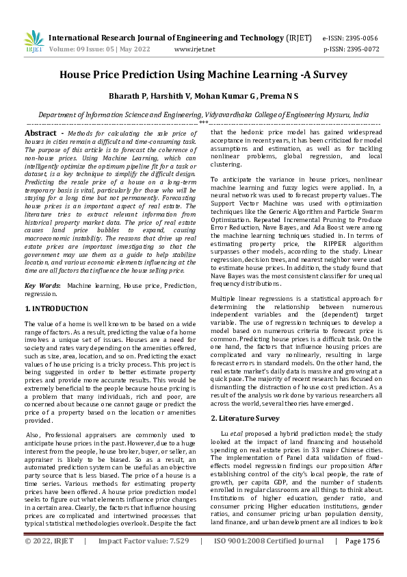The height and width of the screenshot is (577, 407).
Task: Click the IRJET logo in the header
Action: [x=34, y=40]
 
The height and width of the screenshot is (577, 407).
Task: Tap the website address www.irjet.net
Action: [x=195, y=49]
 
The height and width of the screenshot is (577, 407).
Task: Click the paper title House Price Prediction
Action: [x=203, y=75]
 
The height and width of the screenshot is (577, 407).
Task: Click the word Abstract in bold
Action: [x=40, y=132]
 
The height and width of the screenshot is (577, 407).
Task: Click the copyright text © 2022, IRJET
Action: [x=49, y=560]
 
